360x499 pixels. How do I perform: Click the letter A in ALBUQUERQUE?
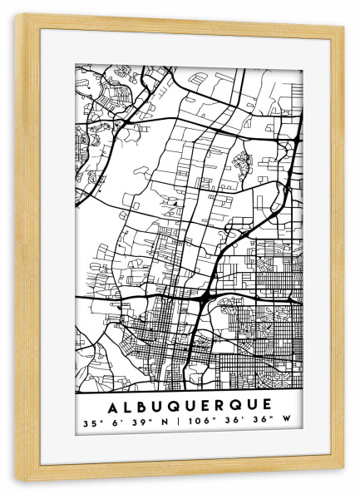pyautogui.click(x=113, y=404)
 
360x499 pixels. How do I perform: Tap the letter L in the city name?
pyautogui.click(x=128, y=404)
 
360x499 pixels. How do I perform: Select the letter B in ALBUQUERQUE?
pyautogui.click(x=142, y=404)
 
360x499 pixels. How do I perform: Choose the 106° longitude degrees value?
pyautogui.click(x=197, y=423)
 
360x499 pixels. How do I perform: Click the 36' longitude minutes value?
pyautogui.click(x=229, y=423)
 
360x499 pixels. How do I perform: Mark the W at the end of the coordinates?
pyautogui.click(x=286, y=423)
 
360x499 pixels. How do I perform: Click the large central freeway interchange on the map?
pyautogui.click(x=205, y=295)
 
